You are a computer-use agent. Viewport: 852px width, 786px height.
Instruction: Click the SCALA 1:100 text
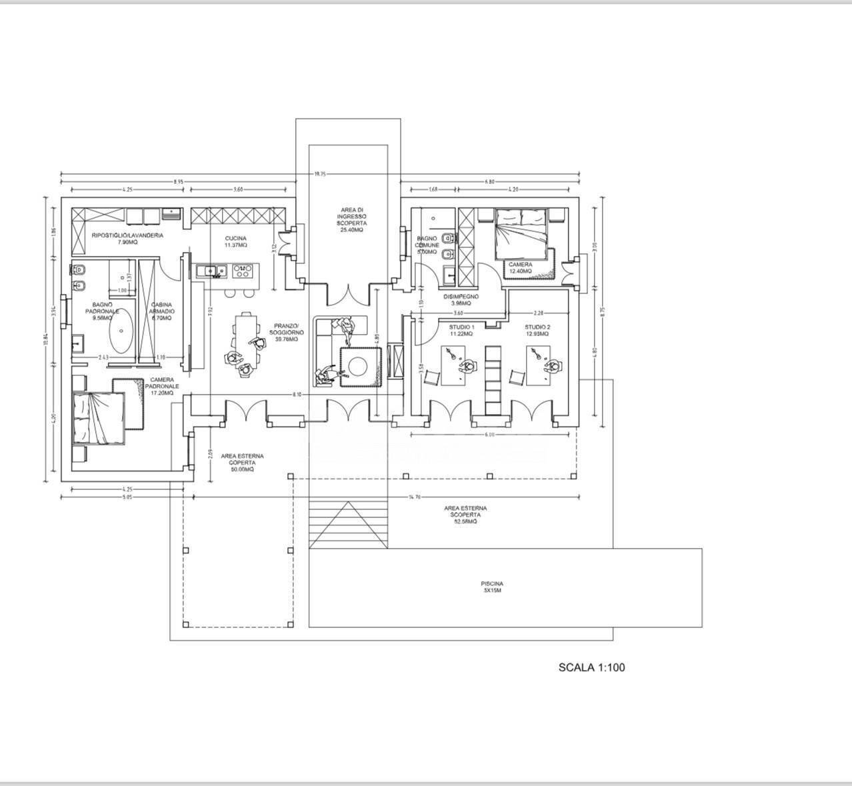point(591,667)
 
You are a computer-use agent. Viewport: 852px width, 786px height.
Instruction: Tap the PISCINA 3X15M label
point(492,587)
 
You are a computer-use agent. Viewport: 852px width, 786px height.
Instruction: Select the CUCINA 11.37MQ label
point(235,242)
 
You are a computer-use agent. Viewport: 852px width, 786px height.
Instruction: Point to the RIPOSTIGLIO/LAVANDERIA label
point(127,239)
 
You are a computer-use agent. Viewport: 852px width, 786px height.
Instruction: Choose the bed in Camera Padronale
point(98,417)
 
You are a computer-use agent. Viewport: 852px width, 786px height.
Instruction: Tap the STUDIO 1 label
point(461,331)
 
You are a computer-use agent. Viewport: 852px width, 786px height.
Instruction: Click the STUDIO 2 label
point(537,331)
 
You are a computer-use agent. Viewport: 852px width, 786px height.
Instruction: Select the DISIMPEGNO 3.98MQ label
point(461,301)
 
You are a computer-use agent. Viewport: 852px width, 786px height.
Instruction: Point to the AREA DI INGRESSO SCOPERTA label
point(351,219)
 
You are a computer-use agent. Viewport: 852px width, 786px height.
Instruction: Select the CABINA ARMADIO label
point(162,312)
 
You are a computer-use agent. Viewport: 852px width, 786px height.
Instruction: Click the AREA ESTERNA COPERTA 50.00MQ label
point(241,463)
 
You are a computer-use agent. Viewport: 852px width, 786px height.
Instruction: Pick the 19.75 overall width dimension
point(320,175)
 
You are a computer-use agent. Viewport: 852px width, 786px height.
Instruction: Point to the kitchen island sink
point(212,270)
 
